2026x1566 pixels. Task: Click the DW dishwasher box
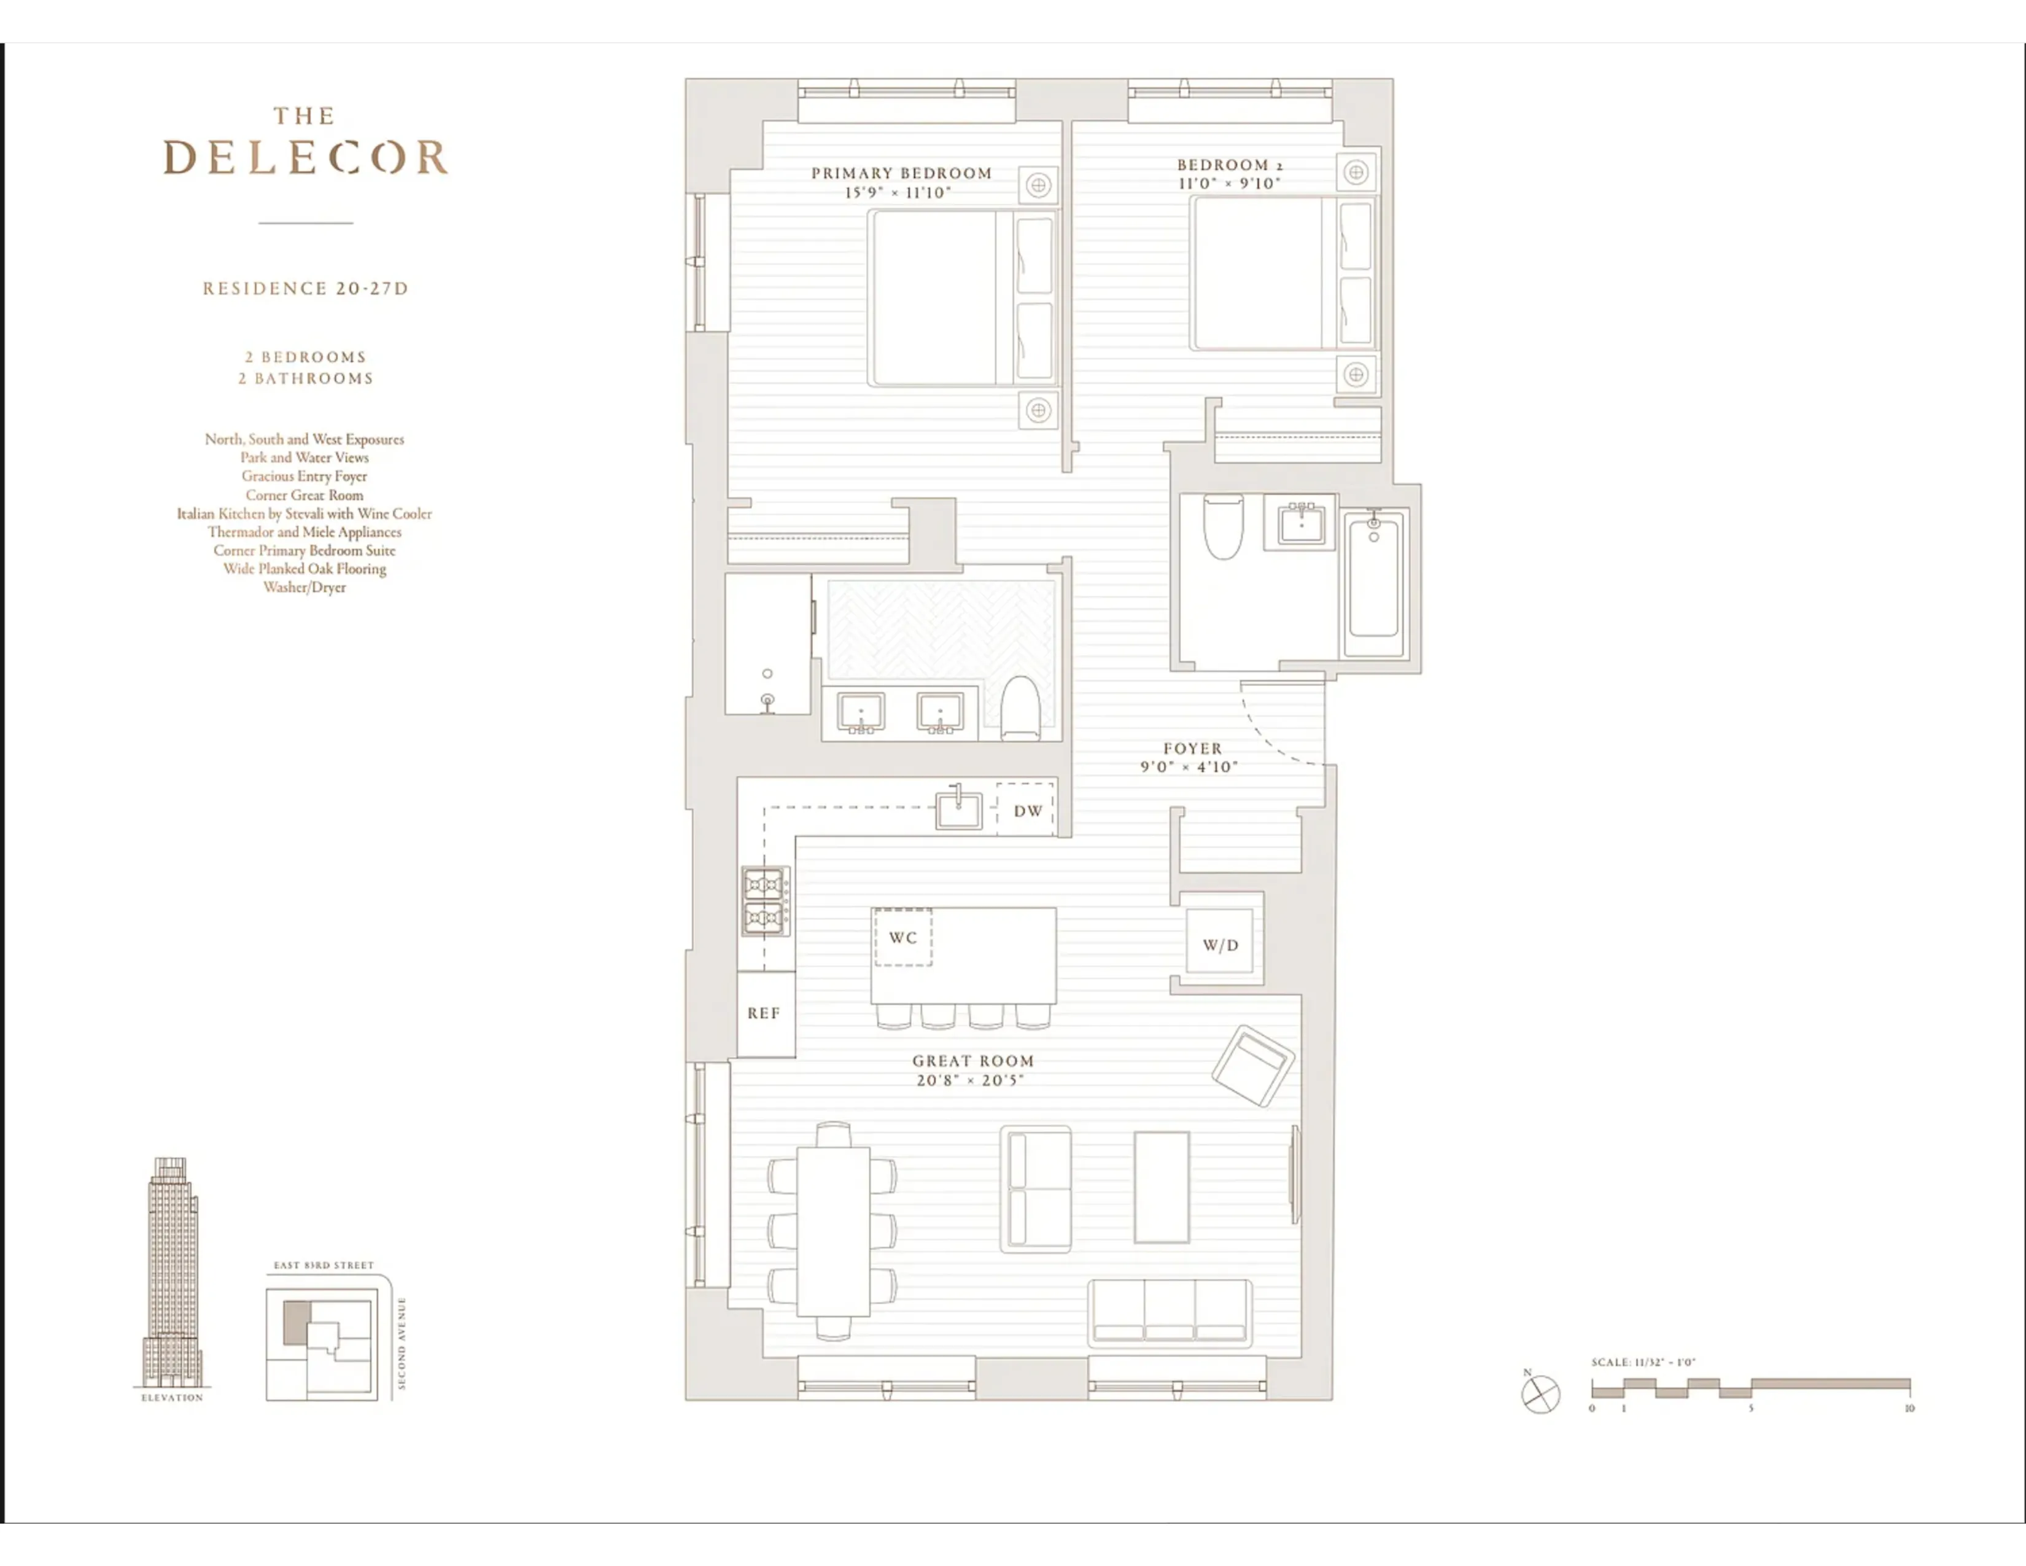point(1026,810)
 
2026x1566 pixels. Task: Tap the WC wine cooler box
point(902,937)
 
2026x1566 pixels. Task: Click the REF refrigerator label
point(764,1013)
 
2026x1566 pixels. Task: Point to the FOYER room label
point(1192,748)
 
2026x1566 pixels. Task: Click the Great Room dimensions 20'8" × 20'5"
point(969,1080)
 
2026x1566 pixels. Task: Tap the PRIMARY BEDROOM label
point(901,173)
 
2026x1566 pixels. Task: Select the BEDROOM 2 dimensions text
point(1229,184)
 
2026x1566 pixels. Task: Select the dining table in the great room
point(833,1231)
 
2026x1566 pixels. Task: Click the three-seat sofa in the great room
point(1169,1311)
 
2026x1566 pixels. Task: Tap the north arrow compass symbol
point(1540,1393)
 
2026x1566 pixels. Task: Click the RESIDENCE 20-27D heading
point(305,289)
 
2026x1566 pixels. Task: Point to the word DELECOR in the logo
point(305,158)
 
